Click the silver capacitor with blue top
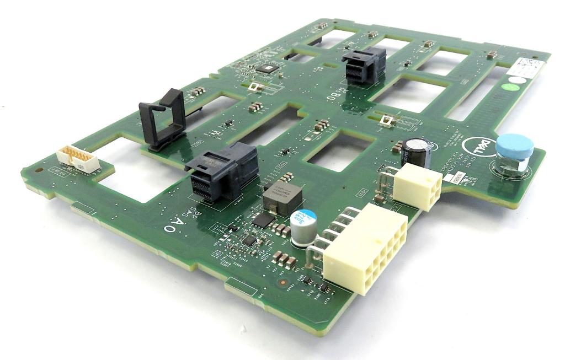pos(303,228)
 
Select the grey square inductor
pos(282,197)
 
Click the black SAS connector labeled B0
pos(364,66)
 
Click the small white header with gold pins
pos(78,160)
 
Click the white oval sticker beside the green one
pos(516,80)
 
